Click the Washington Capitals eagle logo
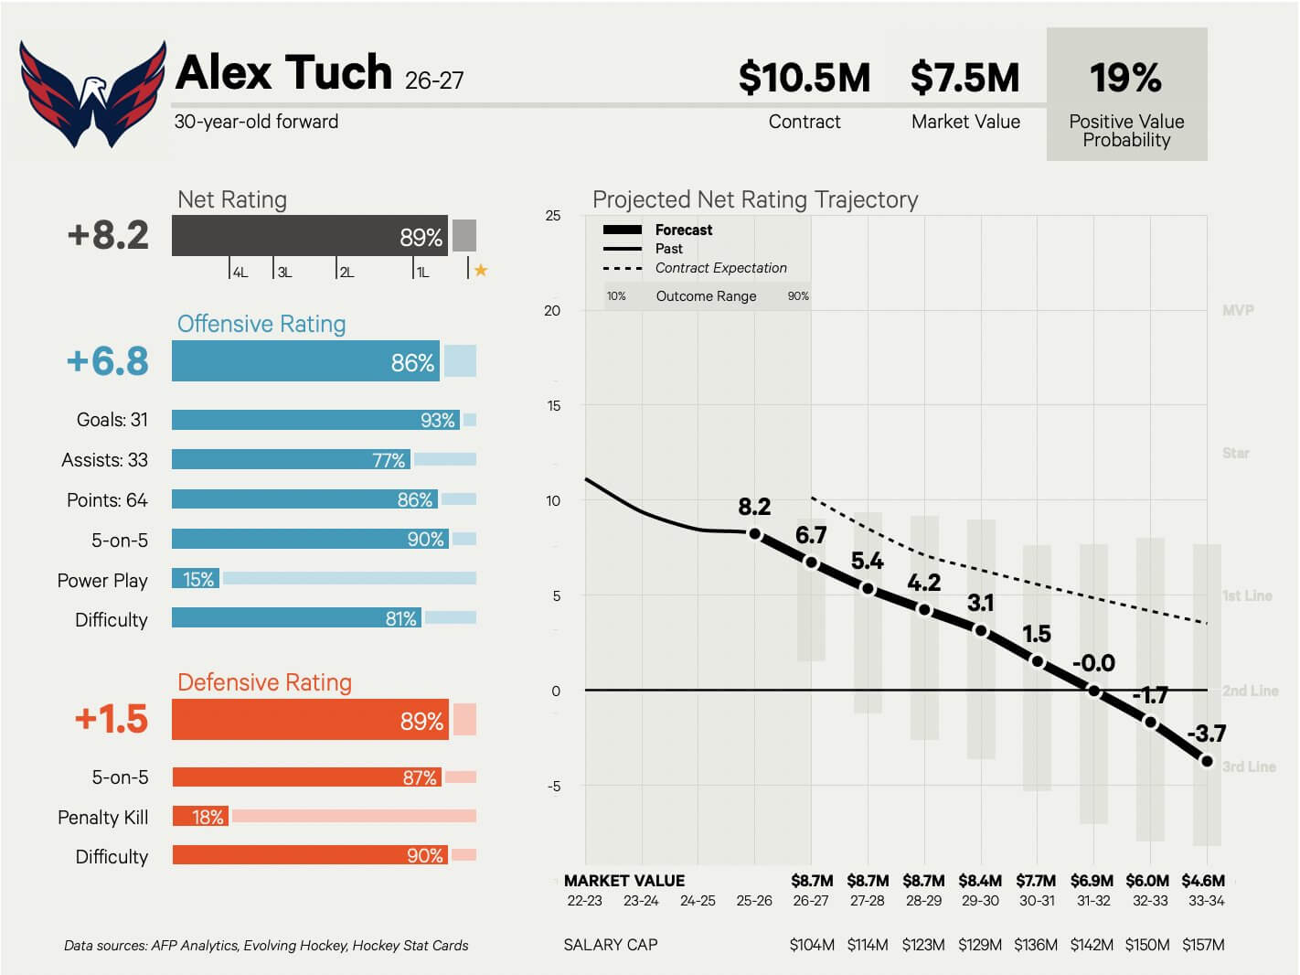(92, 93)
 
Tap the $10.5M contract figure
(805, 78)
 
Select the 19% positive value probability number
(1126, 78)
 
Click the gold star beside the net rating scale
(481, 270)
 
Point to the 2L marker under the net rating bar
(346, 272)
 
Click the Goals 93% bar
(315, 420)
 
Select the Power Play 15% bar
(196, 578)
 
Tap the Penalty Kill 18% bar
(200, 816)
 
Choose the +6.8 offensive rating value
(108, 360)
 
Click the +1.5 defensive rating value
(112, 719)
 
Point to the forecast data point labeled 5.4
(868, 589)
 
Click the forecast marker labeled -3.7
(1207, 761)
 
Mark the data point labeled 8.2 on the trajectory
(754, 534)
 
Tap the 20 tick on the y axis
(552, 310)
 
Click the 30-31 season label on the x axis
(1037, 900)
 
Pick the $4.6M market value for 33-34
(1203, 880)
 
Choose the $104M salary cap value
(812, 945)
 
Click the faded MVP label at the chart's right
(1238, 310)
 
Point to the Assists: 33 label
(105, 460)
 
